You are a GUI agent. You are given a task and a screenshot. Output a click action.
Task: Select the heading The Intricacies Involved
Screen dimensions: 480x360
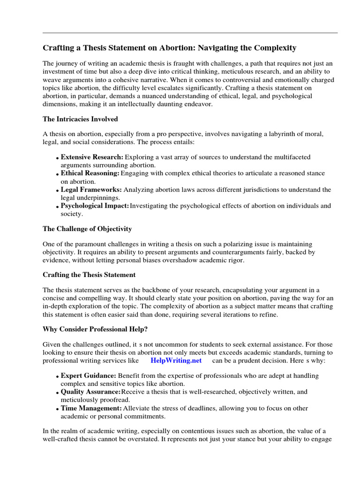click(80, 119)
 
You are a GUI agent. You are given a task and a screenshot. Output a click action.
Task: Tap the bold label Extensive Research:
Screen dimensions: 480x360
click(92, 157)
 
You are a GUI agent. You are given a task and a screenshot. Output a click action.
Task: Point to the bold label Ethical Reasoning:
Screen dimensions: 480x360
click(90, 173)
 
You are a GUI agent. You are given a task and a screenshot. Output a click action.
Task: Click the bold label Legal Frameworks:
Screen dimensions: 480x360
click(91, 190)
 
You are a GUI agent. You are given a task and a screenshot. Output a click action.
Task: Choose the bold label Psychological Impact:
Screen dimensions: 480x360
click(95, 206)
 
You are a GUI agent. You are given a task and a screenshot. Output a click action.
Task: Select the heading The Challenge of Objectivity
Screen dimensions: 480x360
click(87, 229)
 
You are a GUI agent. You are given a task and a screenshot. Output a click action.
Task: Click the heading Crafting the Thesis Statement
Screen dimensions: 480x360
click(89, 275)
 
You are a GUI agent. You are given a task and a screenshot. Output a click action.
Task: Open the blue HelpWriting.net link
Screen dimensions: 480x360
click(176, 360)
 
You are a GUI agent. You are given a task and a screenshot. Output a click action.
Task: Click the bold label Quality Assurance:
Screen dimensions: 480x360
click(90, 392)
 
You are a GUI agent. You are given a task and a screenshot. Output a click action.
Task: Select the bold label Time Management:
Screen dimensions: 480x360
click(91, 408)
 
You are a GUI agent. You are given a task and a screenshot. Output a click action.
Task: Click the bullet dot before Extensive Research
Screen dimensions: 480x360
click(57, 158)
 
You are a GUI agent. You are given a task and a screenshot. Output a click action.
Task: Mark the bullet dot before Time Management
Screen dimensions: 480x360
click(57, 409)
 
